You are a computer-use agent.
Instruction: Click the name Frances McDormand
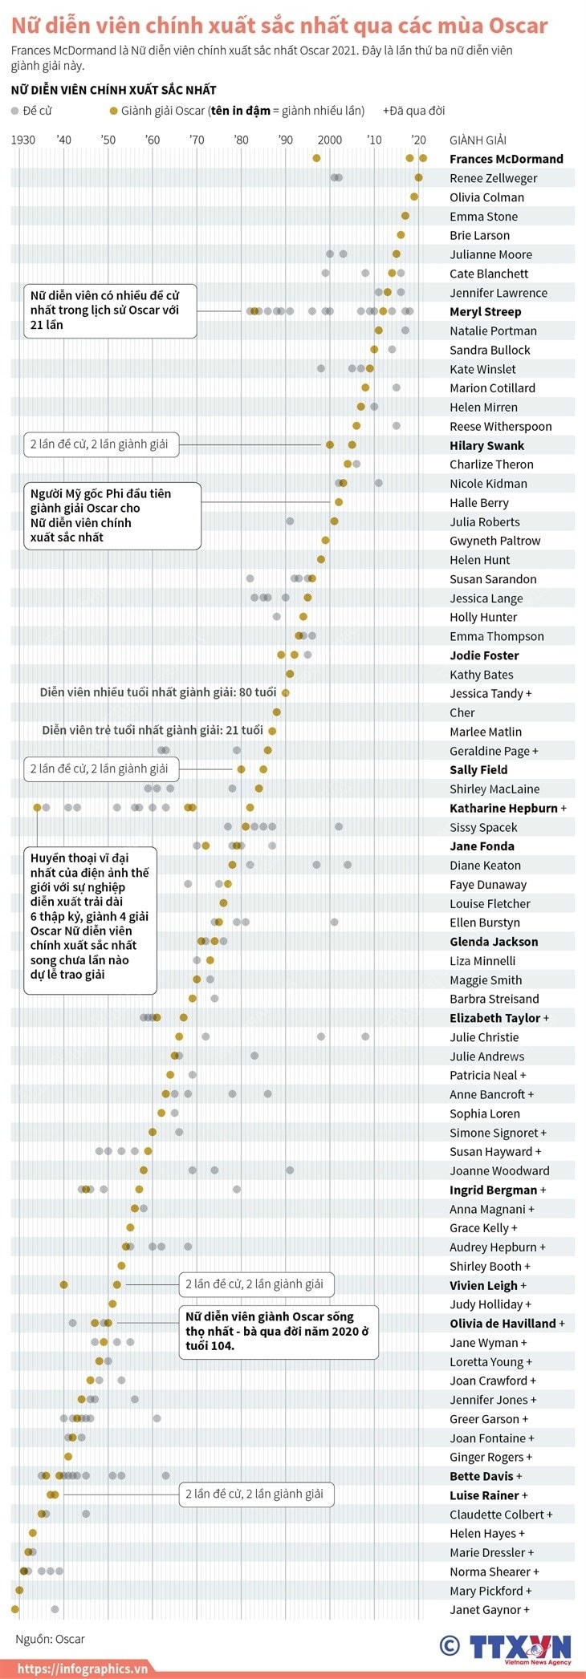point(506,159)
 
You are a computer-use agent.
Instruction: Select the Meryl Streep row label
point(485,311)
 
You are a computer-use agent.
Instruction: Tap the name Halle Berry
point(478,502)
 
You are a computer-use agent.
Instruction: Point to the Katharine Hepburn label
point(503,808)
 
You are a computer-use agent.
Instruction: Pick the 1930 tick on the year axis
point(22,140)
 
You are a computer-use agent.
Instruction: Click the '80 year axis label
point(241,140)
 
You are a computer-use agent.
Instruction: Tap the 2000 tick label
point(329,140)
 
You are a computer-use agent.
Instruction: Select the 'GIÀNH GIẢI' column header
point(478,140)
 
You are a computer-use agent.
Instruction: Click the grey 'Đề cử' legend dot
point(15,111)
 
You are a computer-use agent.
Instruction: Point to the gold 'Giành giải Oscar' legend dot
point(114,111)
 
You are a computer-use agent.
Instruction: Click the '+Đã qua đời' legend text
point(413,111)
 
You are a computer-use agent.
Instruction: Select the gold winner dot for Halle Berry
point(339,502)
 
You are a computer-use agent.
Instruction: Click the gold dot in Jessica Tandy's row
point(285,693)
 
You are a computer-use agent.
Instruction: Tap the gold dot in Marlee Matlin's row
point(272,731)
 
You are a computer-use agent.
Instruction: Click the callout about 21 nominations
point(109,310)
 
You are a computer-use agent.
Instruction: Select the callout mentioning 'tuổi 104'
point(278,1331)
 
